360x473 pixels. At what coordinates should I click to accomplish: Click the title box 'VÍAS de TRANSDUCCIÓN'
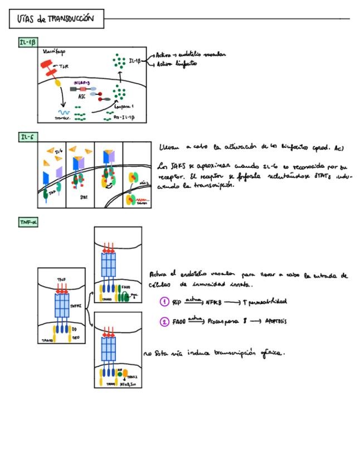coord(56,20)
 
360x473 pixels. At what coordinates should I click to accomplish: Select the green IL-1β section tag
coord(27,42)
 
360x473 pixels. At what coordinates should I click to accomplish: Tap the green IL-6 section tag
coord(26,137)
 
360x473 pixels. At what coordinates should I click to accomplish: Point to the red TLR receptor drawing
coord(49,70)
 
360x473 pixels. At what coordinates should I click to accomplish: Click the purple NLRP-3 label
coord(82,83)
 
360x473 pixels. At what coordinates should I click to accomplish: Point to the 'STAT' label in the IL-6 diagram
coord(84,196)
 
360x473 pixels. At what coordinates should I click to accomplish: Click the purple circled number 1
coord(164,302)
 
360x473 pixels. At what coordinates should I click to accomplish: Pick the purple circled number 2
coord(164,322)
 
